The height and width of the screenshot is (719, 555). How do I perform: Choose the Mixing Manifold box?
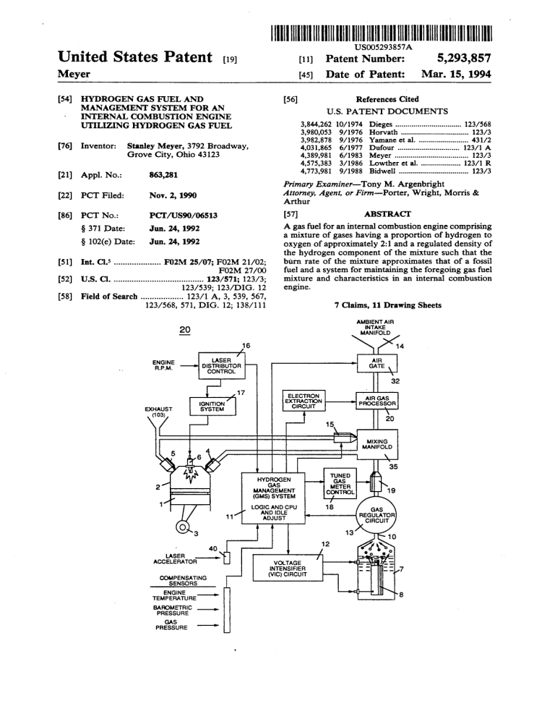pyautogui.click(x=377, y=443)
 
